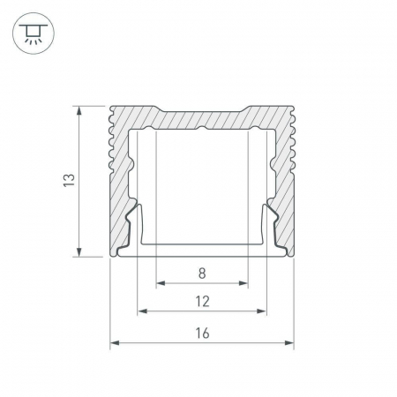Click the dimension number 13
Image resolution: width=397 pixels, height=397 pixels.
[x=69, y=180]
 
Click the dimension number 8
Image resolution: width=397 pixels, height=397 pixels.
[x=202, y=273]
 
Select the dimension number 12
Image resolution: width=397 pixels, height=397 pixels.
[x=203, y=302]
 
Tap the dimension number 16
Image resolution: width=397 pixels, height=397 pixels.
[x=203, y=333]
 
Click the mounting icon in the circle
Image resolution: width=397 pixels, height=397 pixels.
[x=34, y=34]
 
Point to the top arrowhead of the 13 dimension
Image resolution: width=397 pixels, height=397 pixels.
[x=79, y=111]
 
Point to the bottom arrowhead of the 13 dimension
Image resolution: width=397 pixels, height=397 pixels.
[x=79, y=251]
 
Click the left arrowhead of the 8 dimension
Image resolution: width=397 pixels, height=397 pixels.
[x=161, y=283]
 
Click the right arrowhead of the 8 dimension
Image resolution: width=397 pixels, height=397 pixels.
[x=243, y=283]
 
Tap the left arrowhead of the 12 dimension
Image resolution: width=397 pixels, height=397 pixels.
[x=142, y=311]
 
